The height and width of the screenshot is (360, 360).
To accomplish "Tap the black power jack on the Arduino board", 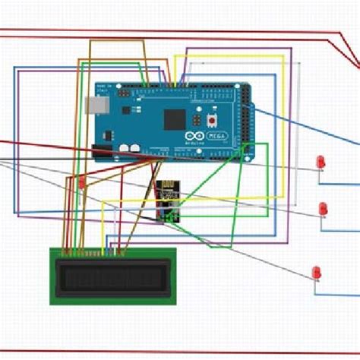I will pyautogui.click(x=103, y=140).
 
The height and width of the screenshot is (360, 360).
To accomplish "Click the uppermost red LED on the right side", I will pyautogui.click(x=321, y=161).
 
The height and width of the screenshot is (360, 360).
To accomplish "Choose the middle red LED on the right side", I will pyautogui.click(x=323, y=207).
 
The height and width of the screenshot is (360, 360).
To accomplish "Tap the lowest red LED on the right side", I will pyautogui.click(x=317, y=271).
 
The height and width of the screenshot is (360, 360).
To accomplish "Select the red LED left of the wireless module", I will pyautogui.click(x=82, y=182).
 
